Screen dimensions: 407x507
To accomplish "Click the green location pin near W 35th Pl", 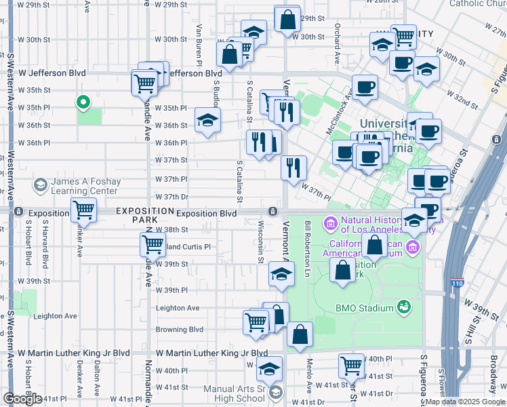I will click(x=83, y=102).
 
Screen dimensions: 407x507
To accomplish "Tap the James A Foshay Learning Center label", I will click(x=75, y=186).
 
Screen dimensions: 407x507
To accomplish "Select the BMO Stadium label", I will click(x=365, y=308).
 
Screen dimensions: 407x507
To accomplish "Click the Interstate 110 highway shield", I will click(x=459, y=282).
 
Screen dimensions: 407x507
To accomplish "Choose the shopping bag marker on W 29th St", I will click(x=287, y=19).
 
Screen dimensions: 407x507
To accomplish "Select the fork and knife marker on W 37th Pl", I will click(x=293, y=168).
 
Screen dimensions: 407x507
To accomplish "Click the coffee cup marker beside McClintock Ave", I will click(x=365, y=88).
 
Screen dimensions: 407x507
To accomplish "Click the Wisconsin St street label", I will click(x=260, y=241).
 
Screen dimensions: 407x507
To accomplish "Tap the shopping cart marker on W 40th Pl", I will click(x=351, y=366).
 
